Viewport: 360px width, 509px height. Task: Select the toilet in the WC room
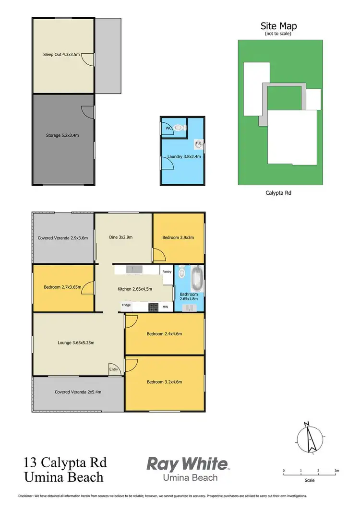pos(179,128)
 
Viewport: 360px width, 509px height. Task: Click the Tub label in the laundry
pos(198,143)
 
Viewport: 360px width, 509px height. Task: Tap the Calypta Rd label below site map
pos(279,193)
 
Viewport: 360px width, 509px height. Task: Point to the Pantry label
pos(167,272)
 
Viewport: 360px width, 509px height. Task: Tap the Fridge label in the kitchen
pos(126,305)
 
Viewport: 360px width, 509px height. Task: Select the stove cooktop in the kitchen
pos(153,306)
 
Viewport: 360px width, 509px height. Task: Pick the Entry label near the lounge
pos(113,369)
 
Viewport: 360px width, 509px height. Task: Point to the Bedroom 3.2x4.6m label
pos(164,382)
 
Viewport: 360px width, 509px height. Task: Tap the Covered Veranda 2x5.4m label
pos(78,392)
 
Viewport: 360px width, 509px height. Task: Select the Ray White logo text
pos(187,464)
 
